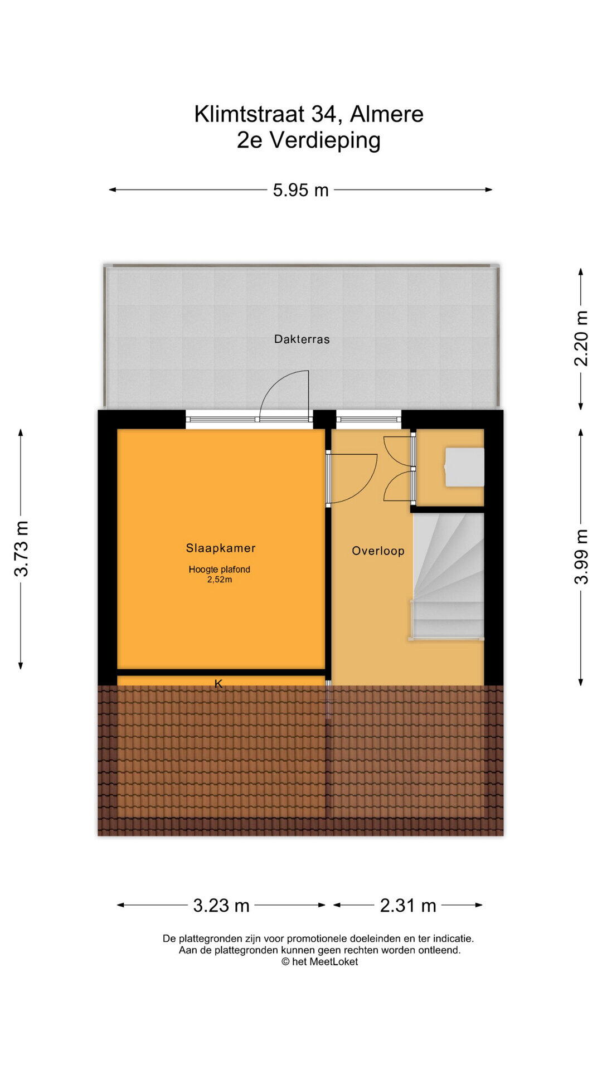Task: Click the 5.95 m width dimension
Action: pos(300,190)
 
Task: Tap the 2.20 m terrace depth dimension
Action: pos(581,338)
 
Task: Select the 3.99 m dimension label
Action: pos(581,556)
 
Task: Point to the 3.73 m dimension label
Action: pos(21,548)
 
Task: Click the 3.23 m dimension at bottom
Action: pos(221,906)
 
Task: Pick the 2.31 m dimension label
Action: pos(408,906)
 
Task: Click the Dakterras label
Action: pos(302,339)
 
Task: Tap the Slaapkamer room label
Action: pos(221,548)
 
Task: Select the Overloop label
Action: pos(378,551)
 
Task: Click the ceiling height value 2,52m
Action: pos(219,580)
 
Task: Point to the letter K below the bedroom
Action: pos(219,684)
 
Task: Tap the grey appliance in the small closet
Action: pos(464,467)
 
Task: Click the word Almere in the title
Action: pos(387,114)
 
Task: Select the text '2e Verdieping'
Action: pos(308,140)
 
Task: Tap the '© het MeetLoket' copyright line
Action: pos(319,961)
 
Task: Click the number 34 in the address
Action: pos(324,114)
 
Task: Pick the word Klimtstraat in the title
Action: pos(249,114)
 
